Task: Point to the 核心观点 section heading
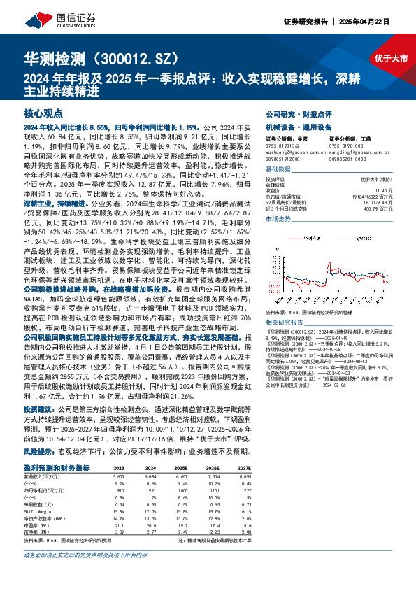(x=43, y=113)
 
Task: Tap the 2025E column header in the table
(x=181, y=448)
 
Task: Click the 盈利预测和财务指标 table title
(x=57, y=448)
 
